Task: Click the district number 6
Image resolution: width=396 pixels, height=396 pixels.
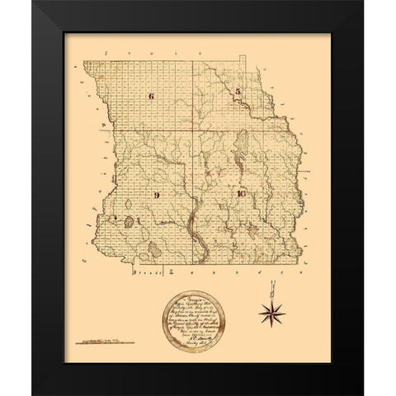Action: coord(152,97)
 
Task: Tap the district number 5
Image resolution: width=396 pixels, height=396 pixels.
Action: coord(237,92)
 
